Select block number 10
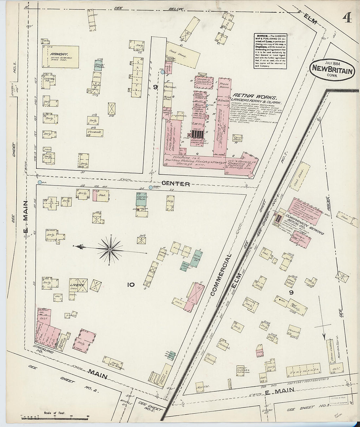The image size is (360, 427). coord(131,285)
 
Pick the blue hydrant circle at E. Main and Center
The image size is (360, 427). coord(40,182)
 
